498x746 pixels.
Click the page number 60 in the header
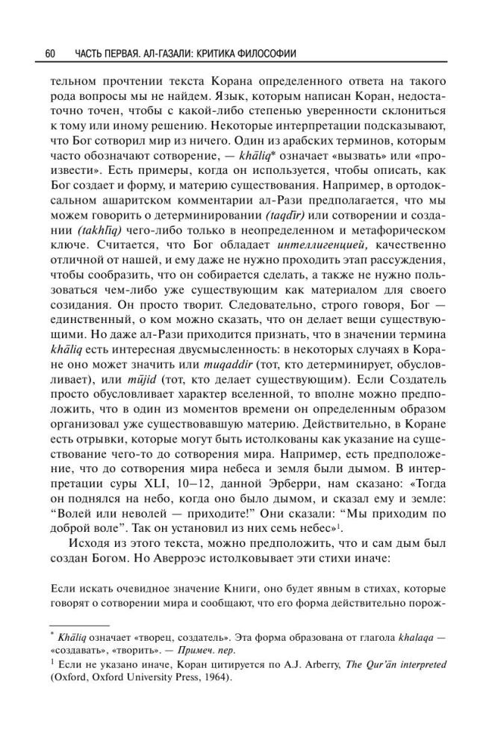pyautogui.click(x=51, y=54)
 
